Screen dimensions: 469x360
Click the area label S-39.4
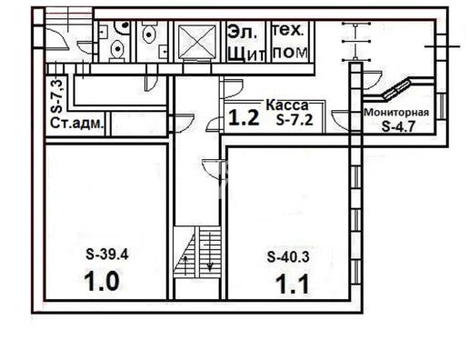107,255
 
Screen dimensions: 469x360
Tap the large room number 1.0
102,282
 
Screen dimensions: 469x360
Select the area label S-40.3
288,257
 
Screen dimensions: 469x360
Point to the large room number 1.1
293,285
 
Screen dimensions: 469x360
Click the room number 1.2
244,117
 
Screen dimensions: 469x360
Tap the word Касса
287,105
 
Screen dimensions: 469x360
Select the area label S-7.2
294,120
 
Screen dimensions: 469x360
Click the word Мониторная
396,113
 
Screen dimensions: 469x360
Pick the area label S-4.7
398,126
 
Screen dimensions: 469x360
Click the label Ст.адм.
76,124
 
